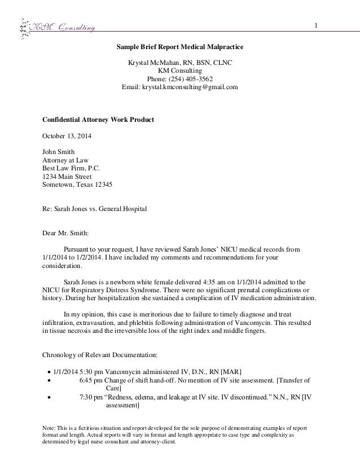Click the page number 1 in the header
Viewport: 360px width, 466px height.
tap(317, 25)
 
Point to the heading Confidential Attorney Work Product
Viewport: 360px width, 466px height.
tap(99, 120)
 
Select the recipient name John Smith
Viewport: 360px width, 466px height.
tap(59, 152)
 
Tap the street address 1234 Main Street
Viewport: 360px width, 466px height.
tap(67, 177)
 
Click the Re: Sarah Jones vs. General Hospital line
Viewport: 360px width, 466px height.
tap(95, 209)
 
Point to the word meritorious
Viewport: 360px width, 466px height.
tap(148, 314)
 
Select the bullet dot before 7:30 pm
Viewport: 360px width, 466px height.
tap(50, 397)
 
